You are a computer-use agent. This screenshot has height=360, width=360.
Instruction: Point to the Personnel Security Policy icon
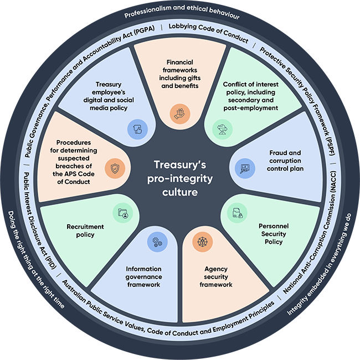click(x=237, y=213)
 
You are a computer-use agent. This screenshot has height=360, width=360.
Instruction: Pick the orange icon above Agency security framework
click(x=199, y=242)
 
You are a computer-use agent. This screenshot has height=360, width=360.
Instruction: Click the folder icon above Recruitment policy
click(x=122, y=213)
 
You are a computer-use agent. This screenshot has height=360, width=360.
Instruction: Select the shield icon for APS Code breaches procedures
click(x=115, y=168)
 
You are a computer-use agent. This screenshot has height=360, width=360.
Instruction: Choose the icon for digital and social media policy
click(x=136, y=129)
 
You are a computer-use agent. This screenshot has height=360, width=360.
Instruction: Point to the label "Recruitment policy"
click(x=80, y=230)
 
